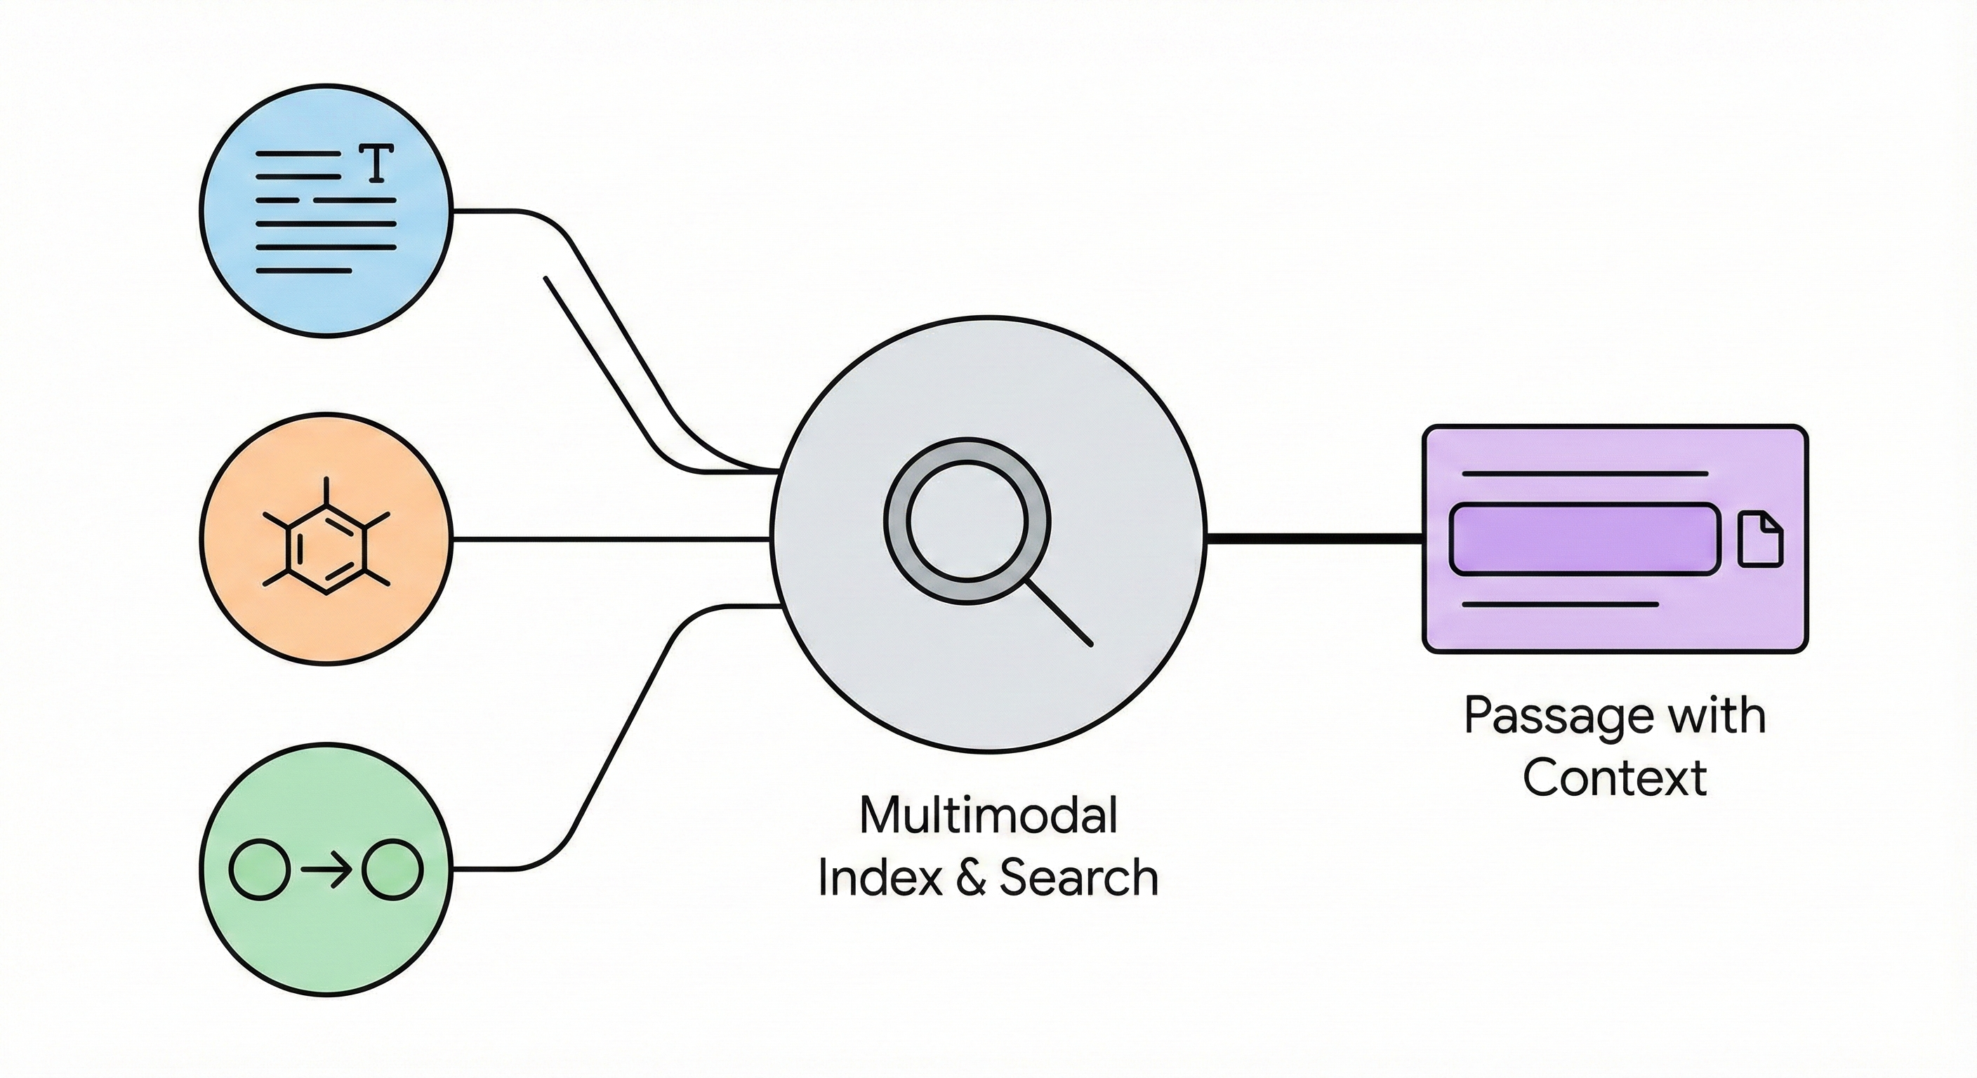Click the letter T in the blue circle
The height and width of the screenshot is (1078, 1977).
coord(376,164)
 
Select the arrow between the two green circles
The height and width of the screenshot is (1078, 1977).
coord(326,870)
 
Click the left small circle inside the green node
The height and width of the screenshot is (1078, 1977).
coord(260,870)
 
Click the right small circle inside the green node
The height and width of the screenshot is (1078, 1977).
coord(393,870)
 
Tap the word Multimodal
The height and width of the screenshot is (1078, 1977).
coord(988,815)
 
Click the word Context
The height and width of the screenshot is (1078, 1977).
coord(1615,777)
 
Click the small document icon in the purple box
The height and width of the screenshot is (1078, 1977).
coord(1760,540)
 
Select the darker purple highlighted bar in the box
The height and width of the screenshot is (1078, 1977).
coord(1584,538)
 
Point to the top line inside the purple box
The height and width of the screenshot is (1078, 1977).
coord(1584,474)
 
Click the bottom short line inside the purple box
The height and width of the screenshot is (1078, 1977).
coord(1559,604)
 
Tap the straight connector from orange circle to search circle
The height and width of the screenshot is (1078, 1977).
coord(610,540)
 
